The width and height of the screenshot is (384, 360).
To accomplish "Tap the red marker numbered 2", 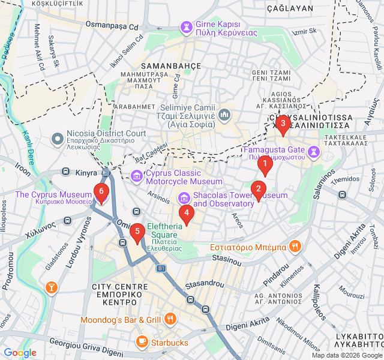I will coord(259,190).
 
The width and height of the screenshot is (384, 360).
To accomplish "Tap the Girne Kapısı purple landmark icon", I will coord(187,26).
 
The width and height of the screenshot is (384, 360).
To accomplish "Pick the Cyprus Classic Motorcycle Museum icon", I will coord(136,176).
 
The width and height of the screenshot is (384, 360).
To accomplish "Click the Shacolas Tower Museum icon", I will coord(184,197).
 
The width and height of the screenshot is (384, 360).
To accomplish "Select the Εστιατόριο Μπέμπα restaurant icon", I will coord(295,246).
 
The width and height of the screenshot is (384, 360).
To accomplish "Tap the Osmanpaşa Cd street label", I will coord(112,26).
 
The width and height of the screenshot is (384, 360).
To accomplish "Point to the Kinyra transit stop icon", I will coord(66,172).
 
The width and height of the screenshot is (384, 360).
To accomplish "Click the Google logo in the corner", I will coord(20,353).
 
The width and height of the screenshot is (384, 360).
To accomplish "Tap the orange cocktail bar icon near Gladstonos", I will coord(52,288).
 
